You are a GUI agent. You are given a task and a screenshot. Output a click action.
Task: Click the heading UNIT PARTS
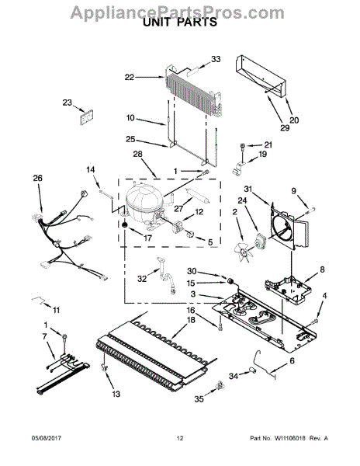180,23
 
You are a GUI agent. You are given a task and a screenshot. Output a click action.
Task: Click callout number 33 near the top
216,58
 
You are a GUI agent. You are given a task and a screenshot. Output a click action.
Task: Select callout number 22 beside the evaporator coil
130,76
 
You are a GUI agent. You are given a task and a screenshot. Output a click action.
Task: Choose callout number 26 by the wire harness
36,178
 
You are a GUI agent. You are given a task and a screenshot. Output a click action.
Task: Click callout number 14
89,169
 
